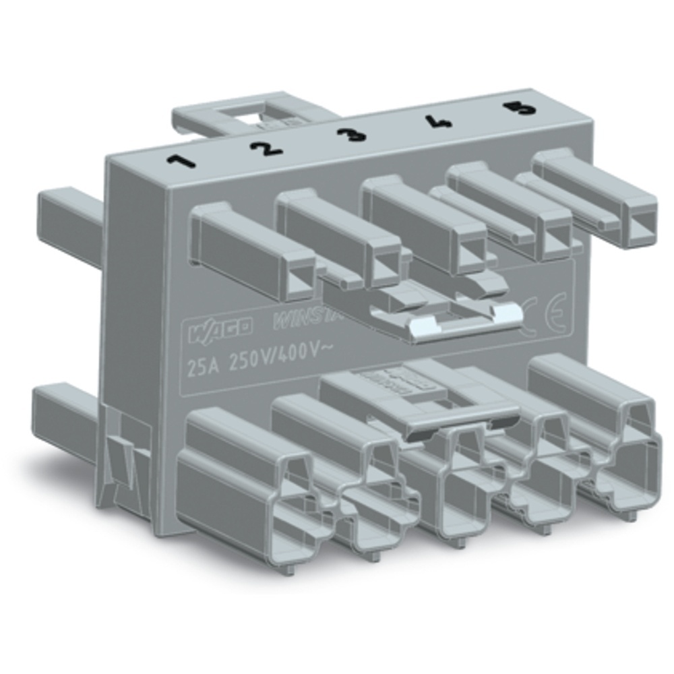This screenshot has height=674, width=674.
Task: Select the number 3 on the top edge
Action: [352, 134]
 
